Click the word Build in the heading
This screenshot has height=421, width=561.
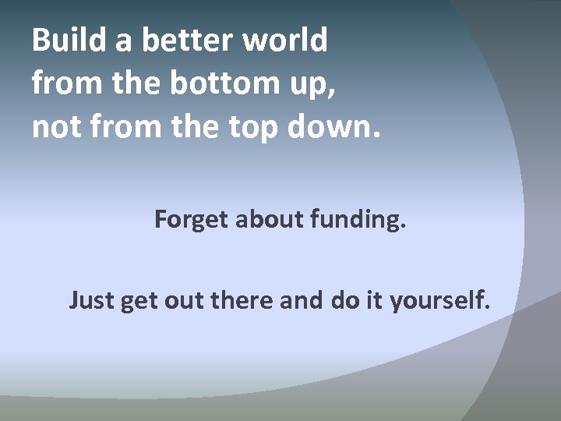(71, 41)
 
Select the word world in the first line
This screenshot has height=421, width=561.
(290, 41)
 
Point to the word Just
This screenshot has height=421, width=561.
(92, 299)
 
